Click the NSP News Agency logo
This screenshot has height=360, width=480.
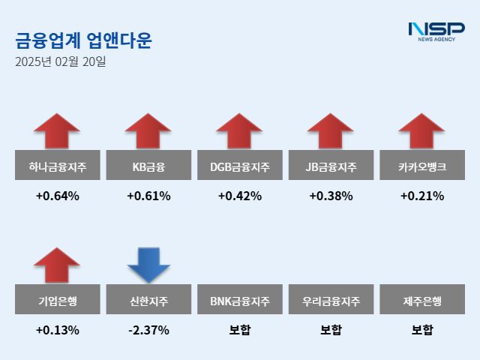436,31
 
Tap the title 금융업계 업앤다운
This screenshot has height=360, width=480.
83,40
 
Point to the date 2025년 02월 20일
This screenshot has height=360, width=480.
60,61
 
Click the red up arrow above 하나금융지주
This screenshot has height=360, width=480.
57,131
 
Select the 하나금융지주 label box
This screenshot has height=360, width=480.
57,166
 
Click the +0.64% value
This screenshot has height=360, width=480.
57,196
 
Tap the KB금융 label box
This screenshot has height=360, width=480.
148,166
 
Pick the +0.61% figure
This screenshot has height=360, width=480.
148,196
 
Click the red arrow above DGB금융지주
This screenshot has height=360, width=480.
239,131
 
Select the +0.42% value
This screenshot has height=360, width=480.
239,196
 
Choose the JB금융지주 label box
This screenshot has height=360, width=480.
331,166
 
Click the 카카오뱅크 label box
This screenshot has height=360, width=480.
421,166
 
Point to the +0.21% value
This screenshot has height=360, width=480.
421,196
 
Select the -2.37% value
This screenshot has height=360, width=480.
148,329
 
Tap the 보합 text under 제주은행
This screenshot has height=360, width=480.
421,329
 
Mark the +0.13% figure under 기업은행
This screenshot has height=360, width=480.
57,329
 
